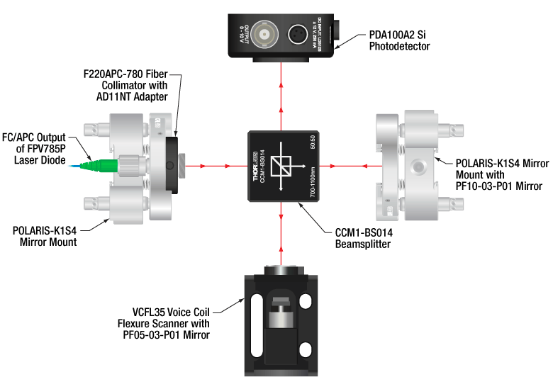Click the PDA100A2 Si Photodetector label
pyautogui.click(x=399, y=40)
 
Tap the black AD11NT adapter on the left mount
pyautogui.click(x=172, y=166)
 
